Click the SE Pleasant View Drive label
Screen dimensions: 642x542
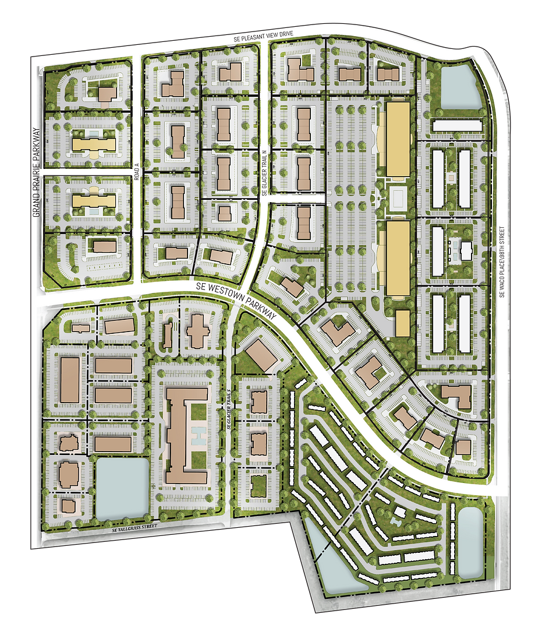(x=264, y=38)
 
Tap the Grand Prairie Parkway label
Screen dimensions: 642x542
(x=36, y=173)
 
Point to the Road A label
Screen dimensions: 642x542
(x=137, y=172)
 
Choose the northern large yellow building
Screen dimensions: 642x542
(x=398, y=139)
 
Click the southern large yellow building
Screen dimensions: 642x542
(x=398, y=257)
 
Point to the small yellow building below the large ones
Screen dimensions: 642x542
(x=402, y=323)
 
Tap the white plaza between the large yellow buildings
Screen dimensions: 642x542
(x=398, y=199)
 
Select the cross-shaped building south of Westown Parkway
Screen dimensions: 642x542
(x=198, y=332)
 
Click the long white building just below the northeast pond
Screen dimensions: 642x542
(x=457, y=125)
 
